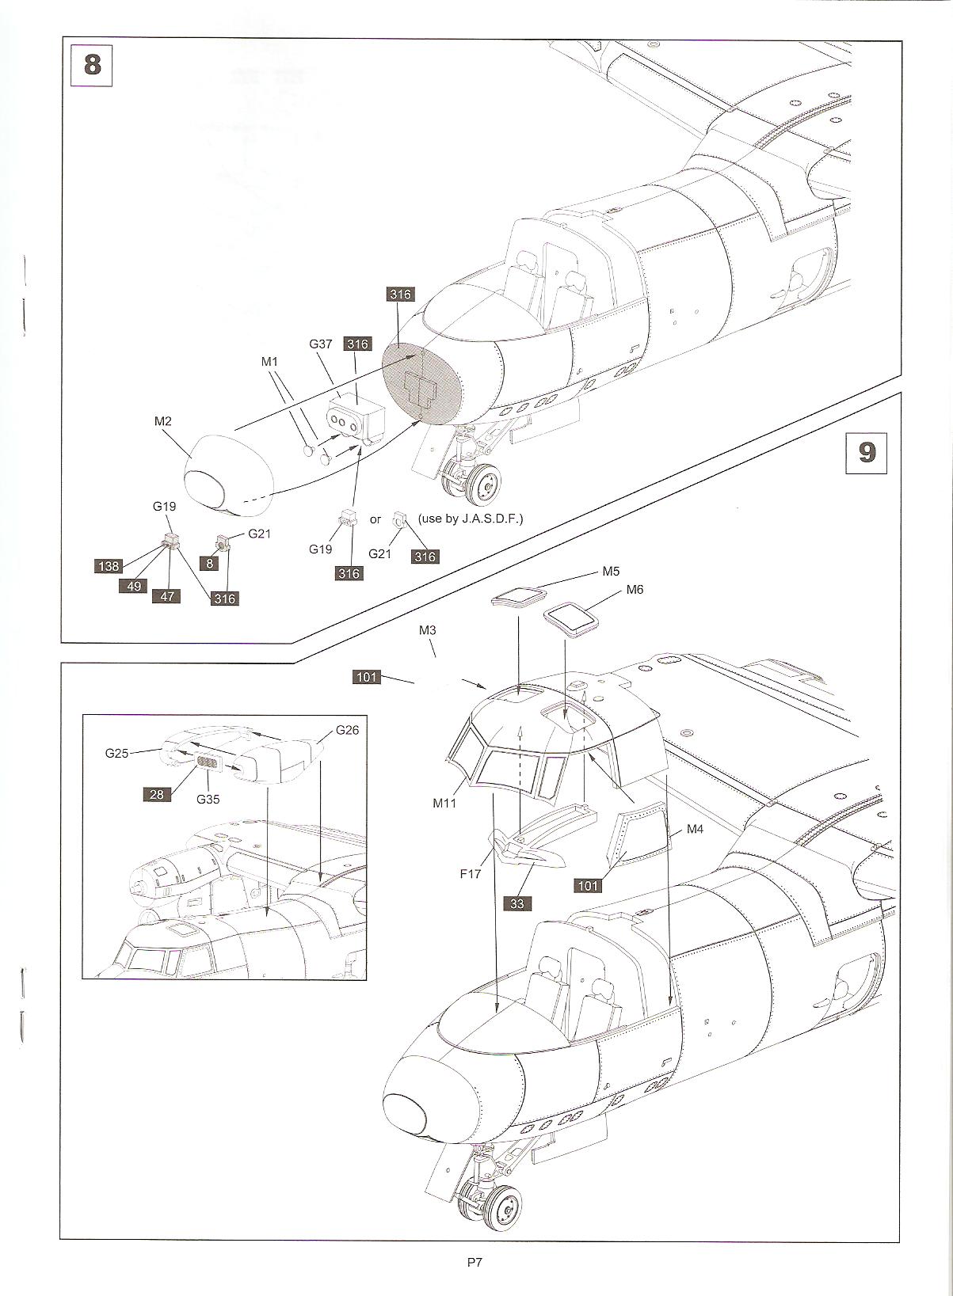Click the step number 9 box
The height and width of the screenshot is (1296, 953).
click(x=867, y=451)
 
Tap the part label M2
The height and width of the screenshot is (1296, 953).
click(x=162, y=421)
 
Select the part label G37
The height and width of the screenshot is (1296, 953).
click(x=320, y=344)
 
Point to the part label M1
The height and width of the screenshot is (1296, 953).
click(x=270, y=361)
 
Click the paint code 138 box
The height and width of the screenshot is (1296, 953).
click(x=109, y=566)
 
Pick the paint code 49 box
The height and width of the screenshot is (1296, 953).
click(x=134, y=585)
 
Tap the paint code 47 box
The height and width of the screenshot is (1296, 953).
click(x=167, y=596)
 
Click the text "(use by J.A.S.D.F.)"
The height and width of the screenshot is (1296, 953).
click(x=471, y=519)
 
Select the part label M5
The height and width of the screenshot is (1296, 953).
click(x=611, y=571)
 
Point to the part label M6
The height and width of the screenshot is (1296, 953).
click(x=635, y=590)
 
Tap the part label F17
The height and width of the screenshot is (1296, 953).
click(x=471, y=875)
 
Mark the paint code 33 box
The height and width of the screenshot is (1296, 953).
click(x=517, y=903)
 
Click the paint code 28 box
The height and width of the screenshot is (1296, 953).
click(x=157, y=793)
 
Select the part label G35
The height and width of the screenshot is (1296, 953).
click(x=208, y=799)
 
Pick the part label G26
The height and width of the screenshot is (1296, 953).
click(x=347, y=729)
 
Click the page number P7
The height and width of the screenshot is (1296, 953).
click(x=475, y=1263)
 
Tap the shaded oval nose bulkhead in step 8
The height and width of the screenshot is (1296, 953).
click(x=421, y=385)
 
